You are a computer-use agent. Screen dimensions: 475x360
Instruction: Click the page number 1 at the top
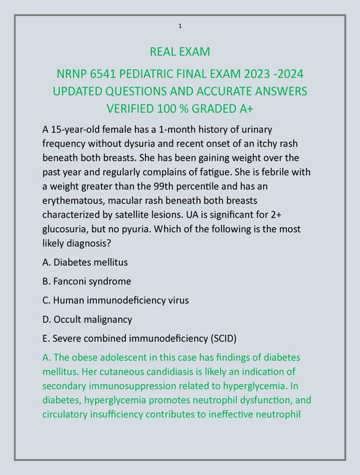click(x=180, y=26)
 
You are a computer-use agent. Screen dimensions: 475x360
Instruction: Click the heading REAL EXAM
click(x=180, y=52)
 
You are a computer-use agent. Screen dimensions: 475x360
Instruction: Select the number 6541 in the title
click(x=103, y=74)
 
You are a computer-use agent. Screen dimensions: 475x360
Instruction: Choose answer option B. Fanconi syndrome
click(x=87, y=281)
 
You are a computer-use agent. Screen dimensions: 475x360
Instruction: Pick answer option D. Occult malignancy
click(x=87, y=319)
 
